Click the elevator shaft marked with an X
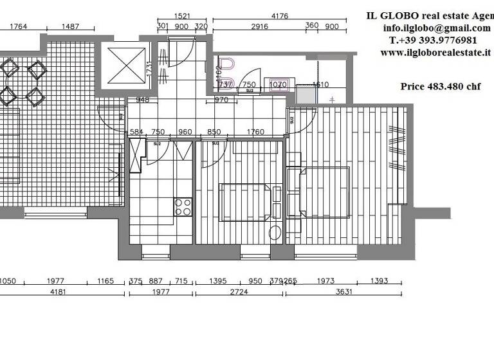(125, 66)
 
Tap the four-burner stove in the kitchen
(183, 206)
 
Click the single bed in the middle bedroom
(245, 202)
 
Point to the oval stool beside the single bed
(275, 233)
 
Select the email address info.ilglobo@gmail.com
(436, 28)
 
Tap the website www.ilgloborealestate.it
(435, 53)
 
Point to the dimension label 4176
(279, 16)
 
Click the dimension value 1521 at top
(182, 16)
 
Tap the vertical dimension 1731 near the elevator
(149, 69)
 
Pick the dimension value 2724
(239, 292)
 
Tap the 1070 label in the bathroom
(278, 84)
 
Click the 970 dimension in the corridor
(221, 100)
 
